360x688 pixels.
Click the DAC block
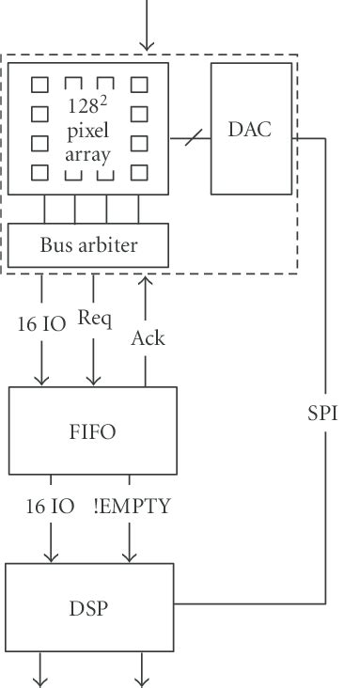point(250,128)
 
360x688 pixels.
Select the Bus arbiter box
point(89,245)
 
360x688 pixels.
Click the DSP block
point(89,607)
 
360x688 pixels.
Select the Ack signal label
point(148,336)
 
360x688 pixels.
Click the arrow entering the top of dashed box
point(147,28)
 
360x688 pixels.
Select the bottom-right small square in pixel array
point(140,172)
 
